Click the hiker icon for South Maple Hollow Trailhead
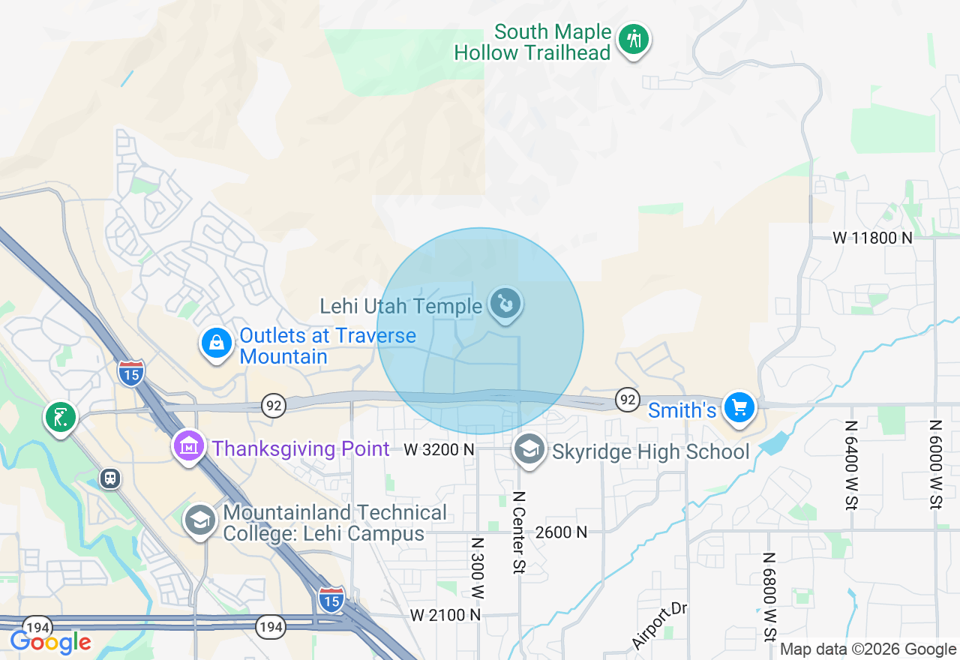click(x=634, y=39)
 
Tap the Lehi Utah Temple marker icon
click(x=505, y=304)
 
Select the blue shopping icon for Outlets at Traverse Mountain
click(x=217, y=343)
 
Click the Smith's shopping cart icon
click(x=739, y=407)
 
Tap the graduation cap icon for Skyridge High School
click(x=529, y=449)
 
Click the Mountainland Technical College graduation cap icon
click(x=200, y=519)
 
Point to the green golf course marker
click(x=61, y=416)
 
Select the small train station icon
click(x=111, y=478)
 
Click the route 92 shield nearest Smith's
click(x=627, y=399)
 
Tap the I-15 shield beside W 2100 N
click(x=331, y=598)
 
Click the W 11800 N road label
click(x=873, y=238)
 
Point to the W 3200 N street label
click(x=439, y=449)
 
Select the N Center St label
click(x=517, y=532)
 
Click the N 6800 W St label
click(x=769, y=597)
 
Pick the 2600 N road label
click(x=561, y=532)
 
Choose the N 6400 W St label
click(x=851, y=464)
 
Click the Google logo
click(x=50, y=642)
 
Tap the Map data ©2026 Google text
click(x=868, y=649)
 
